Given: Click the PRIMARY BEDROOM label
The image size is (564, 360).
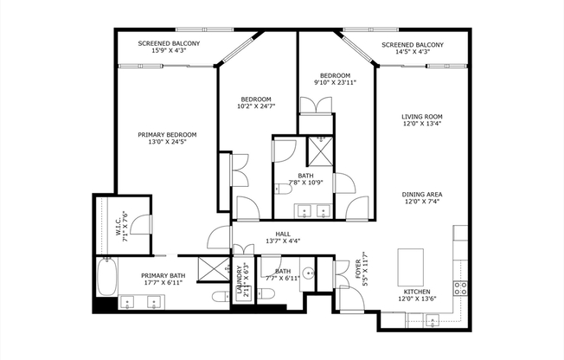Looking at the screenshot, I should [x=168, y=135].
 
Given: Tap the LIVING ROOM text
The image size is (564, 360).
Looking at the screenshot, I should [x=421, y=117].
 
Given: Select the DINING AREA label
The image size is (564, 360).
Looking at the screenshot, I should [x=421, y=195].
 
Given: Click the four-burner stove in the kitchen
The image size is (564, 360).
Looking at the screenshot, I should [x=460, y=289].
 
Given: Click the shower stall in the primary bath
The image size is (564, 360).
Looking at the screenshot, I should [x=213, y=268].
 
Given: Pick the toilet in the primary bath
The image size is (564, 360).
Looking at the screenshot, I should [x=221, y=297].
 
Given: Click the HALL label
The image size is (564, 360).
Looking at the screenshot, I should [x=283, y=234].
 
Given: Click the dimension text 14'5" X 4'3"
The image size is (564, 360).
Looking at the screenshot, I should [x=413, y=52].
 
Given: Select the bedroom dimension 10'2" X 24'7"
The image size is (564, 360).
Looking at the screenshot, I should [x=256, y=106].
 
